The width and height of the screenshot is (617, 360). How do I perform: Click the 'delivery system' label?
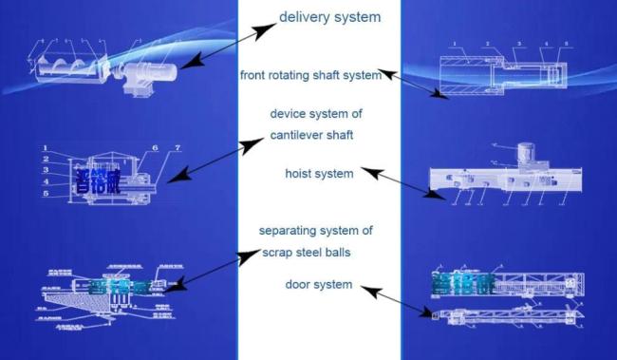330,17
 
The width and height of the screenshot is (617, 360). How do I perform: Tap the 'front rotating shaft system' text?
310,76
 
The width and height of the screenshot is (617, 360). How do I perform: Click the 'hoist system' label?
319,174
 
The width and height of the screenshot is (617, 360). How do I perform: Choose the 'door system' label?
319,284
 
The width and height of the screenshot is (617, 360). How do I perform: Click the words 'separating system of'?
316,231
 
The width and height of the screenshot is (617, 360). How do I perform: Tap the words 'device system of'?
316,114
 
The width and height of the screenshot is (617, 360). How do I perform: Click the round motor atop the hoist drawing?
525,154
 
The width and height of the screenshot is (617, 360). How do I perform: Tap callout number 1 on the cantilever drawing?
44,148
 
